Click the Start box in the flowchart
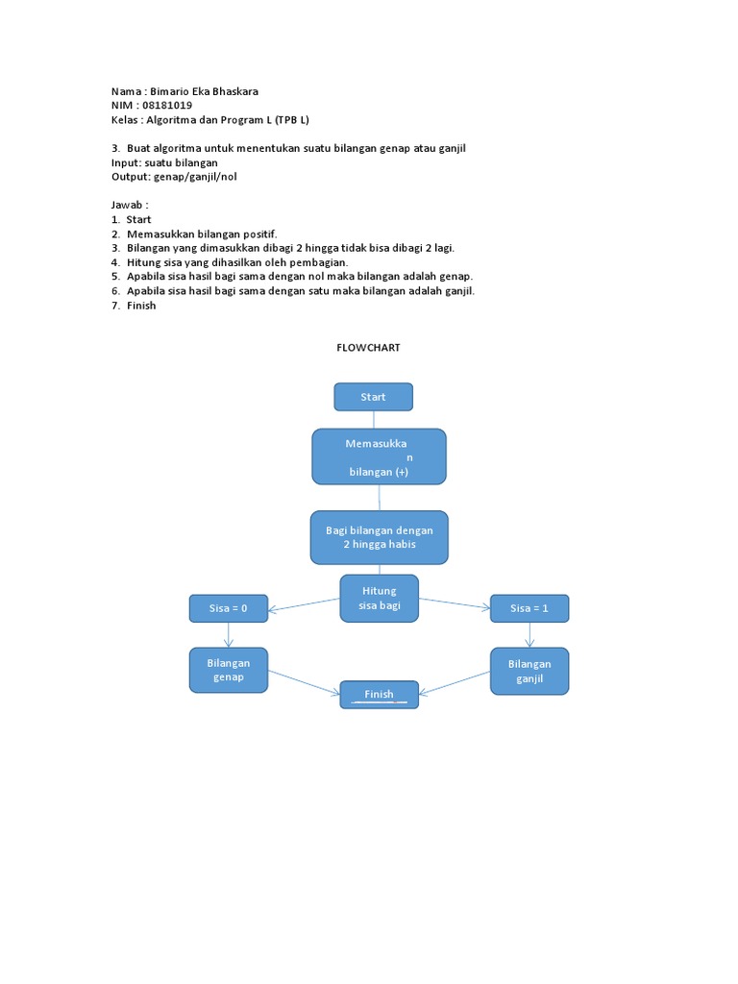pos(373,397)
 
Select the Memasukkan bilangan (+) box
pos(379,456)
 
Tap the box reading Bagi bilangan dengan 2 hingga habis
pos(379,537)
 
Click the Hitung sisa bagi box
pos(380,598)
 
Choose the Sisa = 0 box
pos(229,608)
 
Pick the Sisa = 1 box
pos(529,608)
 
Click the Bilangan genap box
pos(229,670)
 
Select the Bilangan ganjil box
pos(529,671)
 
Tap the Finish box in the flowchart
pos(379,694)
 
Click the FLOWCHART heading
pos(368,348)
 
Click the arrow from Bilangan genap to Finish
pos(304,681)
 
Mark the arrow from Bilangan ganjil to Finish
pos(455,682)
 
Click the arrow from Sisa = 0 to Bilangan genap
pos(229,635)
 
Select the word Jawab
pos(129,205)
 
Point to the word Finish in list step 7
pos(141,306)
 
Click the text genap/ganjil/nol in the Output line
pos(194,177)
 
